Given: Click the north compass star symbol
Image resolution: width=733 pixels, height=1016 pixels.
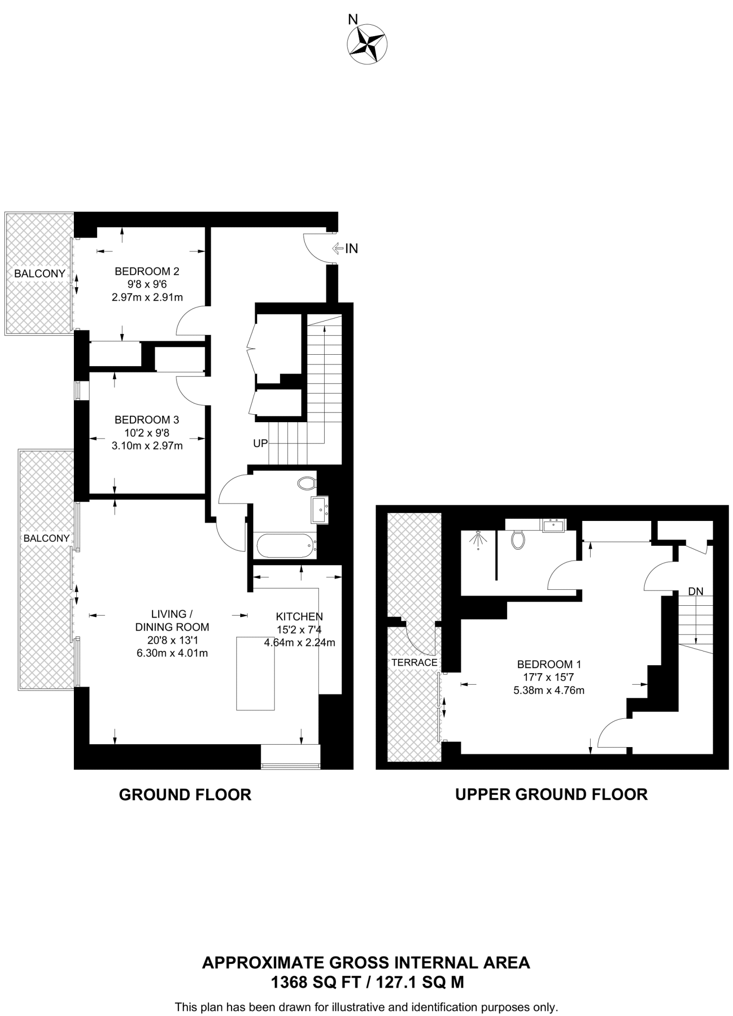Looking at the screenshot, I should [367, 44].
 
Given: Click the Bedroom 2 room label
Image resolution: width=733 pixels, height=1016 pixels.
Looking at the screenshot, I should [147, 271].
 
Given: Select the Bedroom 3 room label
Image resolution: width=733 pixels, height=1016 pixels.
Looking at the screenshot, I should [147, 420].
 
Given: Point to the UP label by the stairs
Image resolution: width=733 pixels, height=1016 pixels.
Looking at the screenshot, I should [260, 444].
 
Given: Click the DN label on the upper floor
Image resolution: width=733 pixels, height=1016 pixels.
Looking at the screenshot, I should [695, 591].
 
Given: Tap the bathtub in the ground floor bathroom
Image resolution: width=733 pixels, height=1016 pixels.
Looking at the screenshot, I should [285, 546].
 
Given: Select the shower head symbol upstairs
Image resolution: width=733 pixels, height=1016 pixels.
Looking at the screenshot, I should [478, 539].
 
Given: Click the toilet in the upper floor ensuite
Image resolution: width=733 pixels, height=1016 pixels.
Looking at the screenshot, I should [518, 539].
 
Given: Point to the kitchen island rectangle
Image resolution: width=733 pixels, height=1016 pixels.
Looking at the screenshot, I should [255, 673].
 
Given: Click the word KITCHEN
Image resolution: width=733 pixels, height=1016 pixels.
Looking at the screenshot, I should [299, 617].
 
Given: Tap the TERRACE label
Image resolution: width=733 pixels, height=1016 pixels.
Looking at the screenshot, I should [414, 662].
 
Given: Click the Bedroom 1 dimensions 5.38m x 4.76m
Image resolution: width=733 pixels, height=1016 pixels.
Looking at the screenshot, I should [549, 690].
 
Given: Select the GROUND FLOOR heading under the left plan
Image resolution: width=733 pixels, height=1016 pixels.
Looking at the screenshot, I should [185, 795].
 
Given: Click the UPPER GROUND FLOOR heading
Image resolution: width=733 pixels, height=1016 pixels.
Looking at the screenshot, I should [551, 794].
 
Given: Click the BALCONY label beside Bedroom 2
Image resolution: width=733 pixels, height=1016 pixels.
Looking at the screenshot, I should [40, 273].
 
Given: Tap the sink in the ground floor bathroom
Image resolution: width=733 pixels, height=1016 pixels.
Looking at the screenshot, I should [319, 509].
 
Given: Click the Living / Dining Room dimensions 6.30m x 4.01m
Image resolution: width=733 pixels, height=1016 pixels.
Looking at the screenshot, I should [172, 653].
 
